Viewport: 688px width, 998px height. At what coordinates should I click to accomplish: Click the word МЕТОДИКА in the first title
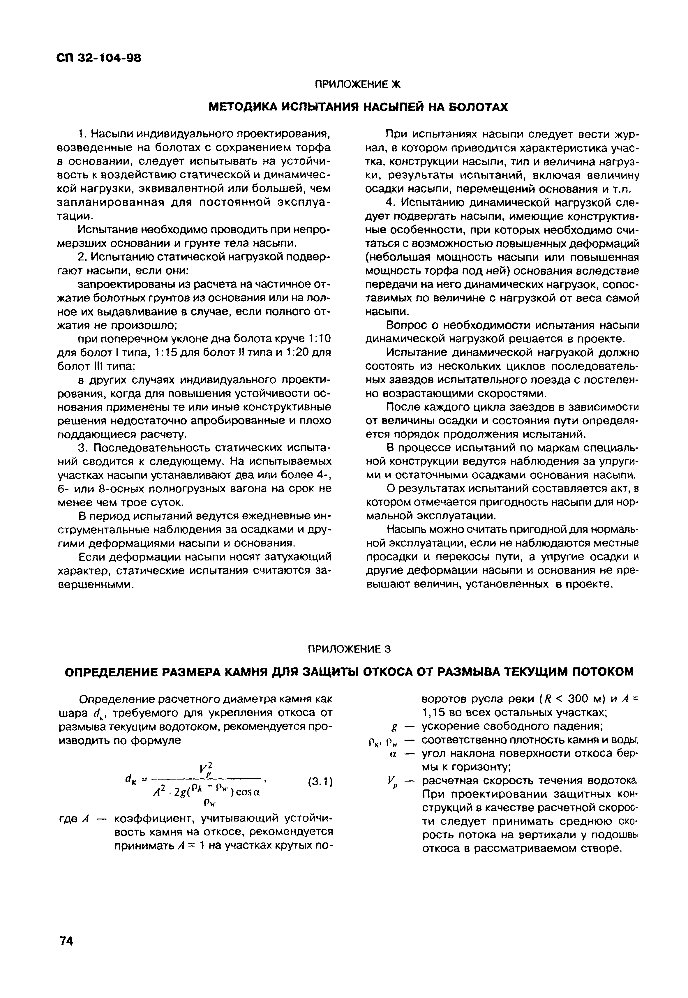tap(241, 107)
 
